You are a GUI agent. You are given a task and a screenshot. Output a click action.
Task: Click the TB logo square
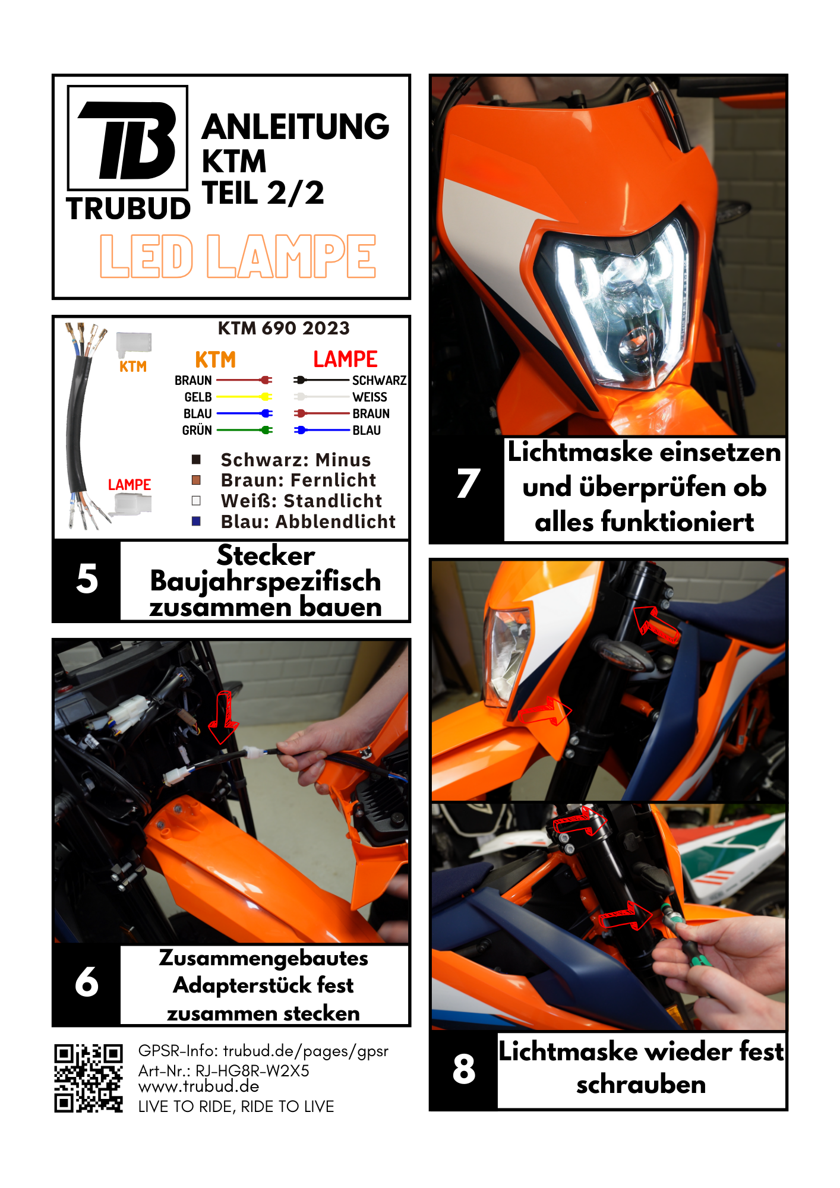click(128, 137)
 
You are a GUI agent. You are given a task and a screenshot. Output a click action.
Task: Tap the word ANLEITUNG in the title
click(296, 127)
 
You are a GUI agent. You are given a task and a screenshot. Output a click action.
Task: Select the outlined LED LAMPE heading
click(238, 256)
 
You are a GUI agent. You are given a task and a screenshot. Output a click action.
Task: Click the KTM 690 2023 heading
click(284, 328)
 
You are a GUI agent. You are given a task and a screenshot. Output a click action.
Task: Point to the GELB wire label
click(198, 397)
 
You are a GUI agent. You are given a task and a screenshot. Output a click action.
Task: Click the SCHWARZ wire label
click(379, 380)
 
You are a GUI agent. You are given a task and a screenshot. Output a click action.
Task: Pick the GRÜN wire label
click(197, 429)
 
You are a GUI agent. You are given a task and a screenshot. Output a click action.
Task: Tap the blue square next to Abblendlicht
click(196, 521)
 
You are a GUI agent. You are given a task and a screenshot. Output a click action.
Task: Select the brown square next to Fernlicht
click(196, 479)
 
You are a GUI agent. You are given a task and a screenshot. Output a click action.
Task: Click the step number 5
click(87, 579)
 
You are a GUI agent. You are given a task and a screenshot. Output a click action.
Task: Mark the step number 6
click(87, 981)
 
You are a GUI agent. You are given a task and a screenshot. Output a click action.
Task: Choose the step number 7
click(468, 483)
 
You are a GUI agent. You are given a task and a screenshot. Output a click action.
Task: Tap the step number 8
click(464, 1069)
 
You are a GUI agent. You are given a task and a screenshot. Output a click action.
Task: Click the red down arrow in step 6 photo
click(224, 717)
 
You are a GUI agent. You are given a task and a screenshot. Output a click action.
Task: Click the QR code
click(89, 1078)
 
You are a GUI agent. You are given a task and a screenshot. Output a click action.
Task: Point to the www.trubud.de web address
click(199, 1086)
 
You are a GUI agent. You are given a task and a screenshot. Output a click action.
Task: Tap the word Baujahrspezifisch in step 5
click(266, 581)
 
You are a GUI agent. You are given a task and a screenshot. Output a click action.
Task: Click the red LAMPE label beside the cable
click(130, 485)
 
